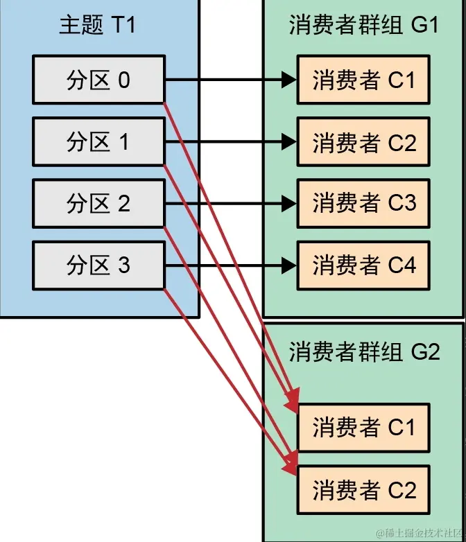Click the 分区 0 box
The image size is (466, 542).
coord(98,80)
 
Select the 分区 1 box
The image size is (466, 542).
coord(98,142)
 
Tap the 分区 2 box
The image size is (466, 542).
coord(98,204)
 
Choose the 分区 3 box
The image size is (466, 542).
coord(98,265)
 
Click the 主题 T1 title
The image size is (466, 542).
coord(98,26)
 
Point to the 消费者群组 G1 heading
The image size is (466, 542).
coord(363,26)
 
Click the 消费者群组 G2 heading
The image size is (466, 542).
coord(363,351)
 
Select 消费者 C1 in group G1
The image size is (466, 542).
coord(363,80)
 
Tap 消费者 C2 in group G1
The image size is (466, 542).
coord(363,143)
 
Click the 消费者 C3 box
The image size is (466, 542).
coord(363,204)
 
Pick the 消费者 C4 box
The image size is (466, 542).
coord(363,265)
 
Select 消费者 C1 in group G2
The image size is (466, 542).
coord(363,428)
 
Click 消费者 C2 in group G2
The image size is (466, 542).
coord(363,490)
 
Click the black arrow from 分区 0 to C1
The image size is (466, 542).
coord(229,80)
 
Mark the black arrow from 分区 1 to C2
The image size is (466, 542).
coord(229,143)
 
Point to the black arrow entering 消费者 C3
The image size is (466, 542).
coord(229,204)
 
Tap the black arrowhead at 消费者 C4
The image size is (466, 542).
coord(291,265)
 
